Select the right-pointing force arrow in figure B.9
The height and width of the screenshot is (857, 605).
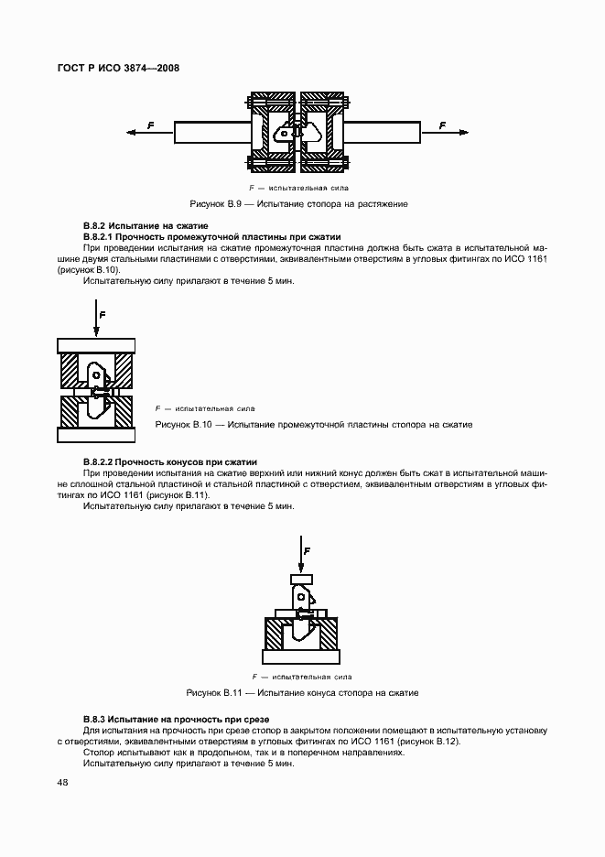point(444,134)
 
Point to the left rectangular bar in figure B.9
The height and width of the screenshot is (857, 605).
point(211,134)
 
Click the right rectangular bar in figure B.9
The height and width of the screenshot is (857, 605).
point(383,134)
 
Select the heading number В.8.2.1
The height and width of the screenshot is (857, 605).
point(102,236)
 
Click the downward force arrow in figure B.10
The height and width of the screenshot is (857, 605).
point(94,323)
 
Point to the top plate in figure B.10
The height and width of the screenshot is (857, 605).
point(95,345)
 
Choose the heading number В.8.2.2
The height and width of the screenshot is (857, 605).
point(102,462)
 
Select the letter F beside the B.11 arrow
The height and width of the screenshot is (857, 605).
point(308,551)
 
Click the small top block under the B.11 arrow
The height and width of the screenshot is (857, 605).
point(299,580)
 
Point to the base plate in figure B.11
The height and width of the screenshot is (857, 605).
point(299,656)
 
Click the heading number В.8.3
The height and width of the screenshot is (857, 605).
point(96,720)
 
